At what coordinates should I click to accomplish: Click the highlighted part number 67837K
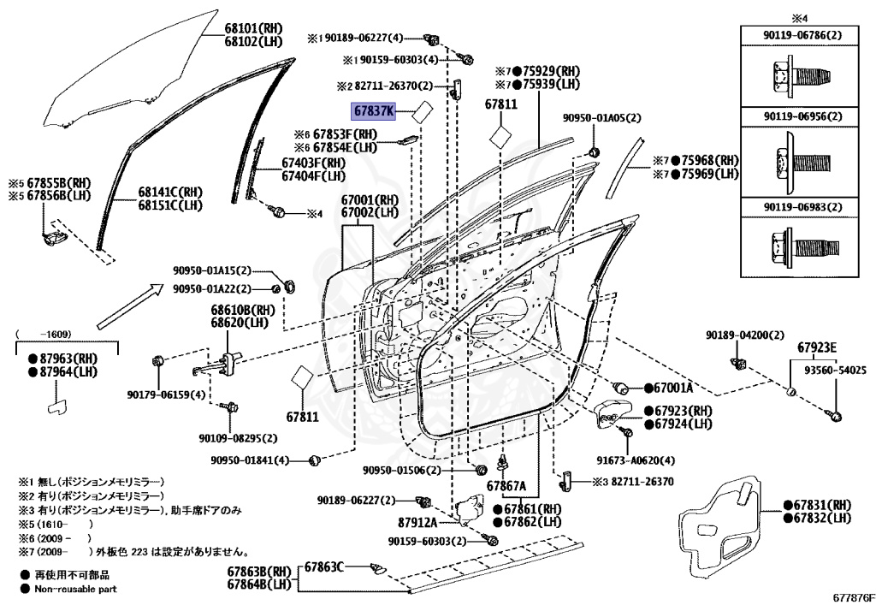click(375, 111)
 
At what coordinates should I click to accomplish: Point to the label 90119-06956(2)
click(802, 116)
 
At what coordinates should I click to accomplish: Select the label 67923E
click(817, 347)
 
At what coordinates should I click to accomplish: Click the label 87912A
click(418, 521)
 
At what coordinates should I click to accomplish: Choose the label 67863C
click(324, 566)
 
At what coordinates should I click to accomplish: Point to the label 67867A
click(507, 486)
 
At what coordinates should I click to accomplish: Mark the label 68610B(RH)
click(243, 310)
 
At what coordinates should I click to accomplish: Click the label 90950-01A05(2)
click(601, 119)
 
